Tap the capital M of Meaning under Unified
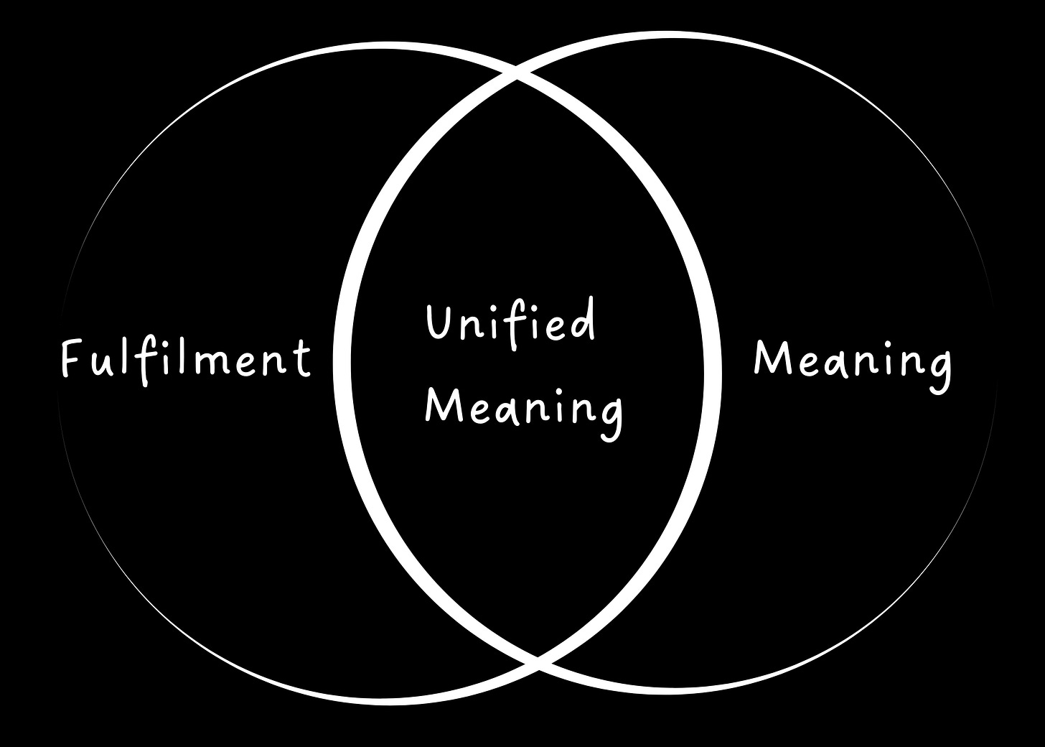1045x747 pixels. [439, 405]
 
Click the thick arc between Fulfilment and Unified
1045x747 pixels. [342, 359]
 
